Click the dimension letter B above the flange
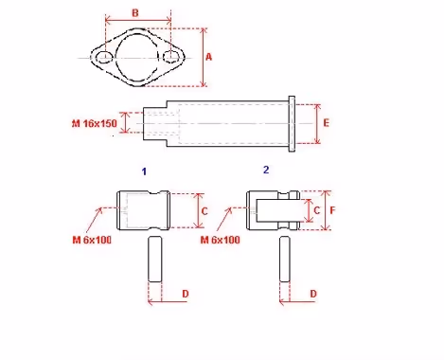point(135,13)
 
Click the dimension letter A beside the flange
point(208,57)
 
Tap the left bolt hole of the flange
point(104,58)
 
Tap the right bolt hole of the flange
point(171,57)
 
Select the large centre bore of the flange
point(115,58)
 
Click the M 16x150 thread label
point(95,123)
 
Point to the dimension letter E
point(327,122)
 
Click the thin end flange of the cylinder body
point(292,124)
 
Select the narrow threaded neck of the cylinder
point(155,124)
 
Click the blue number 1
point(144,171)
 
